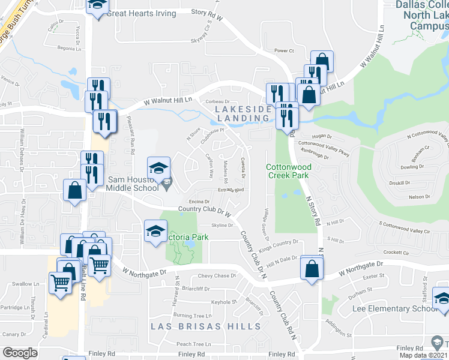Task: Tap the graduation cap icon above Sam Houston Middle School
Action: pyautogui.click(x=158, y=168)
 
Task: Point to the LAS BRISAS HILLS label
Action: pyautogui.click(x=206, y=326)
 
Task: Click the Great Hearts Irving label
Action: pyautogui.click(x=142, y=13)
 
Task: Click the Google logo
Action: pyautogui.click(x=20, y=353)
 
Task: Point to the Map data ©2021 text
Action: pyautogui.click(x=421, y=355)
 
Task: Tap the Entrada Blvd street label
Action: pyautogui.click(x=231, y=190)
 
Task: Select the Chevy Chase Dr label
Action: pyautogui.click(x=217, y=276)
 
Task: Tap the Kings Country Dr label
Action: pyautogui.click(x=279, y=242)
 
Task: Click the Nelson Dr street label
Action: pyautogui.click(x=419, y=196)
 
